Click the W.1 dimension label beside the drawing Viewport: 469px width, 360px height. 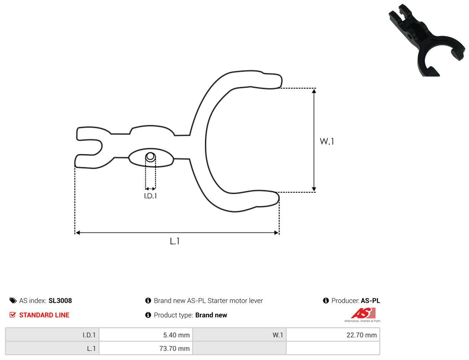(327, 141)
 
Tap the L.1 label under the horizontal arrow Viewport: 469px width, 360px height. (175, 241)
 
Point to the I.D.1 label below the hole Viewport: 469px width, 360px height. (150, 196)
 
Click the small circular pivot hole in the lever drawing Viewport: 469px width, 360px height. (150, 157)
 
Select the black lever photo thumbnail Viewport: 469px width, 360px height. (427, 40)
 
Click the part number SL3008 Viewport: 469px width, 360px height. (60, 301)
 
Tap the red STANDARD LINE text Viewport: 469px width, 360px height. (44, 315)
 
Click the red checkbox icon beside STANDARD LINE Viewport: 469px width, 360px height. (12, 315)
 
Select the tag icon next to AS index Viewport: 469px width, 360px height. (13, 301)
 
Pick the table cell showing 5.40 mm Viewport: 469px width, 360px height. (146, 335)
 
